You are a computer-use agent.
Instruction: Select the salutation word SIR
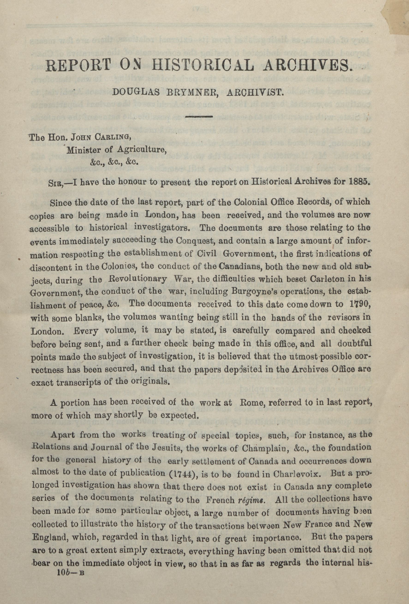(56, 183)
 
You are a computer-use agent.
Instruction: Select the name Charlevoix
(296, 471)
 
